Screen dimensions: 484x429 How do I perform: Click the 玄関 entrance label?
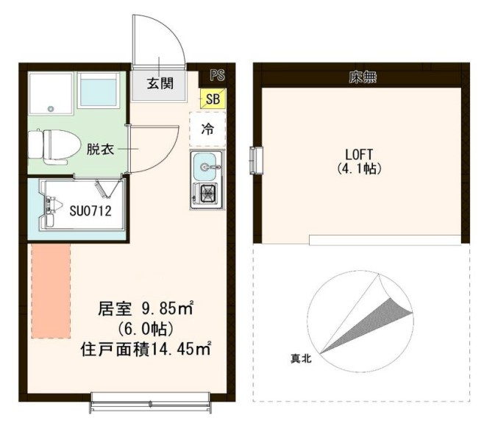click(x=160, y=83)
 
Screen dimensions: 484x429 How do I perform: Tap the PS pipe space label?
click(x=217, y=75)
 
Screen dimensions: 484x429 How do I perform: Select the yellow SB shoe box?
click(x=213, y=99)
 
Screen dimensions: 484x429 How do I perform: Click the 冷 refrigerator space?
click(x=207, y=129)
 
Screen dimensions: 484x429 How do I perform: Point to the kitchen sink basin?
click(x=204, y=167)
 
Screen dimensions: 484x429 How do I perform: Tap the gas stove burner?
click(x=208, y=194)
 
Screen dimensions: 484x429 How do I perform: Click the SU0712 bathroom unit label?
click(x=90, y=211)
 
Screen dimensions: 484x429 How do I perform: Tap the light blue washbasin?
click(x=99, y=91)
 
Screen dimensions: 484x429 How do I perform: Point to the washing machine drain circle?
click(x=51, y=109)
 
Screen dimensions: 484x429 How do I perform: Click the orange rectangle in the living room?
click(x=51, y=291)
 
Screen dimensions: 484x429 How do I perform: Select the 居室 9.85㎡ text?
click(x=146, y=308)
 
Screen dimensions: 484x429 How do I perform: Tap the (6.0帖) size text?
click(x=146, y=329)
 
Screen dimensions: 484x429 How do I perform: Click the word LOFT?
click(x=359, y=154)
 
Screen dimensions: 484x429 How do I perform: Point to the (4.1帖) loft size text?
click(x=359, y=169)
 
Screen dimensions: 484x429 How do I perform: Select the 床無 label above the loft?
click(x=363, y=77)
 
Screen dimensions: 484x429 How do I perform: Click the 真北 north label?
click(x=301, y=358)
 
